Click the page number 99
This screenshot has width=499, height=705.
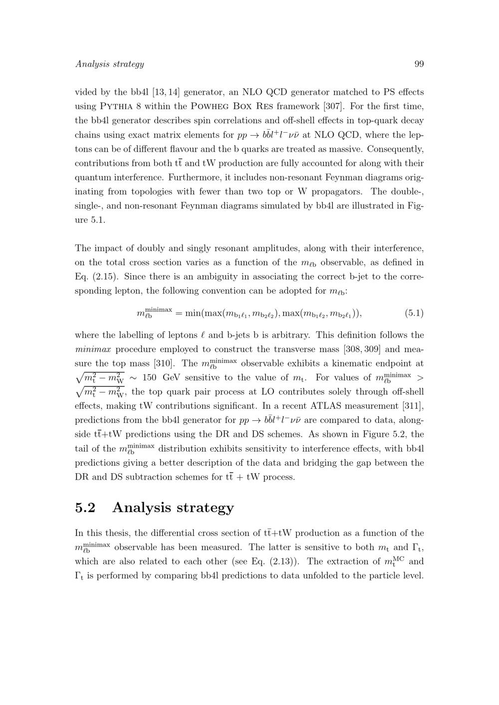point(419,64)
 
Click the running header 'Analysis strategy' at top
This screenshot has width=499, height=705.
point(109,64)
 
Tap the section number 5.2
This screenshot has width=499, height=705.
point(85,508)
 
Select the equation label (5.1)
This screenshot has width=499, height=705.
point(414,313)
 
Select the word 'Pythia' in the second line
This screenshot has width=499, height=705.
point(120,106)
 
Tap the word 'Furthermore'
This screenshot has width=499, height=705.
point(194,177)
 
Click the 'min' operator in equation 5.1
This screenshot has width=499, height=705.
point(193,313)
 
